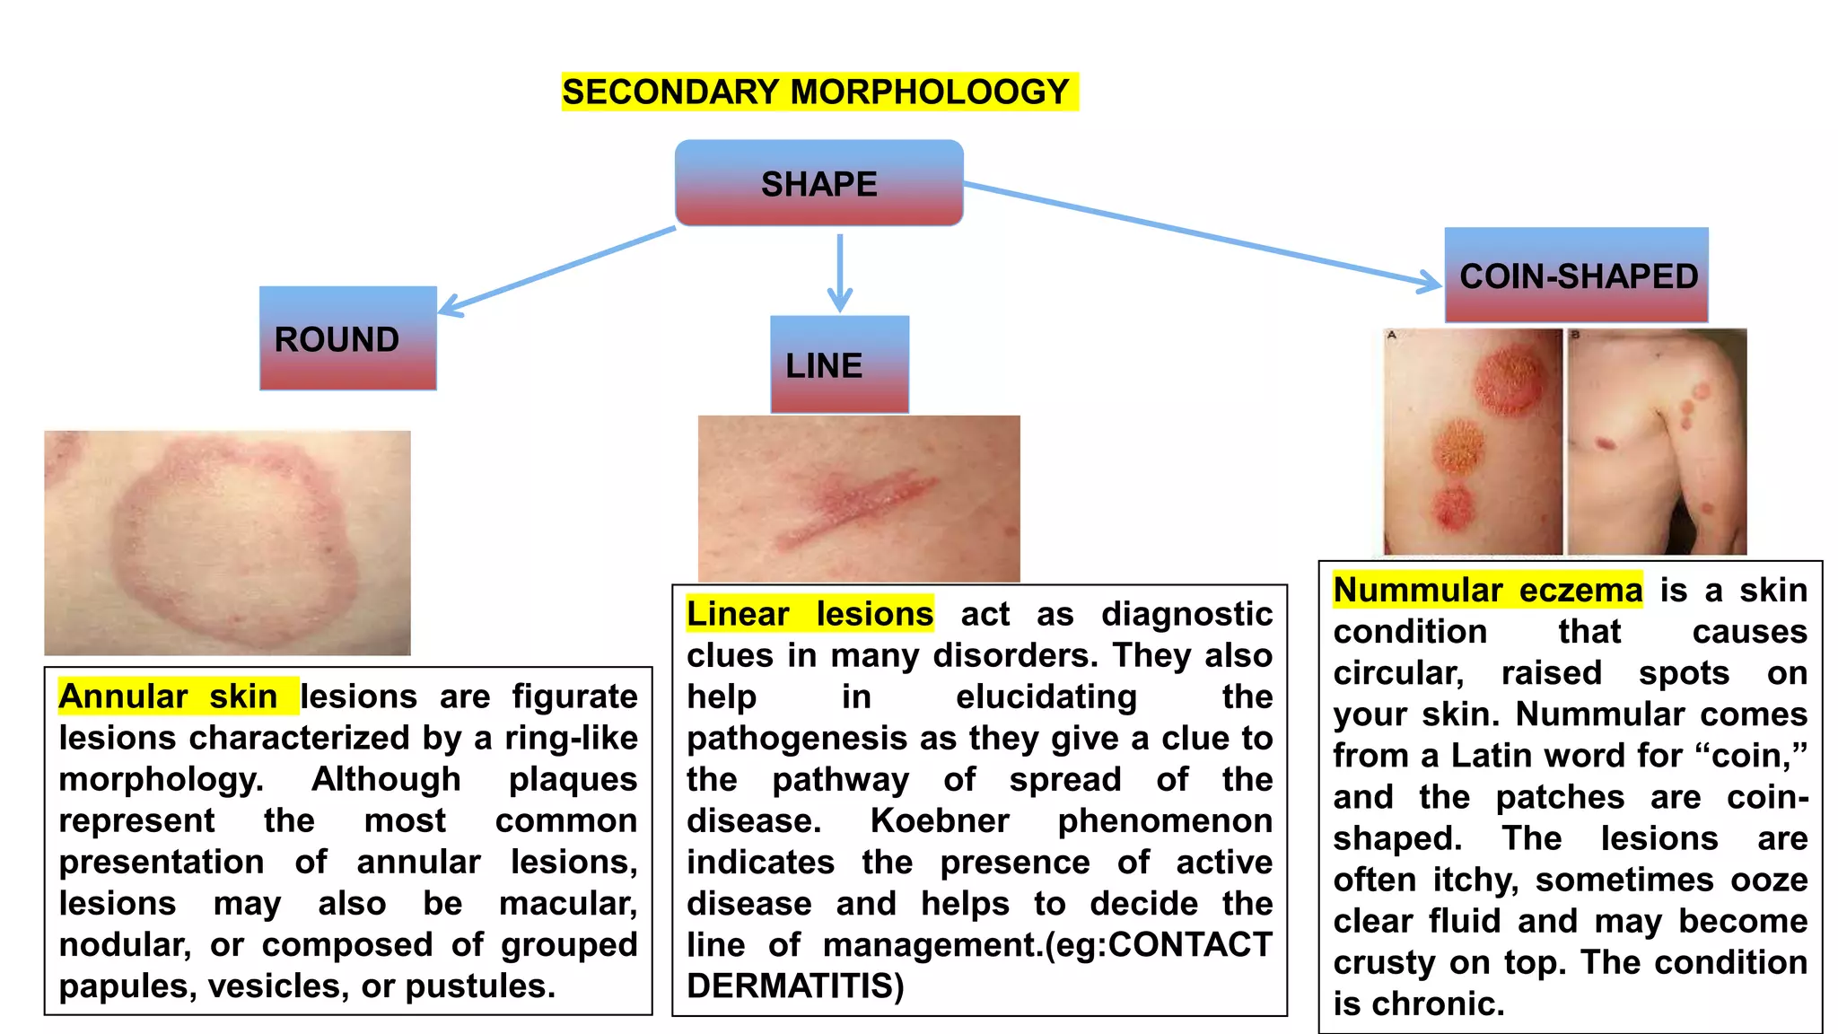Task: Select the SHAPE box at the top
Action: [818, 183]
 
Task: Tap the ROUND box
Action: [348, 338]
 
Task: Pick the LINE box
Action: [839, 364]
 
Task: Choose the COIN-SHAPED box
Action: [1576, 275]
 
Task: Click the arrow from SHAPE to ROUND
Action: [556, 271]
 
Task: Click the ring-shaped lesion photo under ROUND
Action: [227, 542]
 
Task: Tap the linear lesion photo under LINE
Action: [859, 498]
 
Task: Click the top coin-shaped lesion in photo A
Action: [1512, 378]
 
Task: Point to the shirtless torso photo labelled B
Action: [1657, 442]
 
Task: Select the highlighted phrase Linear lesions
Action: [810, 614]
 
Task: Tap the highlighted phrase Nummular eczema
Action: [1487, 591]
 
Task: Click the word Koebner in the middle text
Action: [940, 820]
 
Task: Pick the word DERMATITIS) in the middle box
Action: [795, 986]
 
